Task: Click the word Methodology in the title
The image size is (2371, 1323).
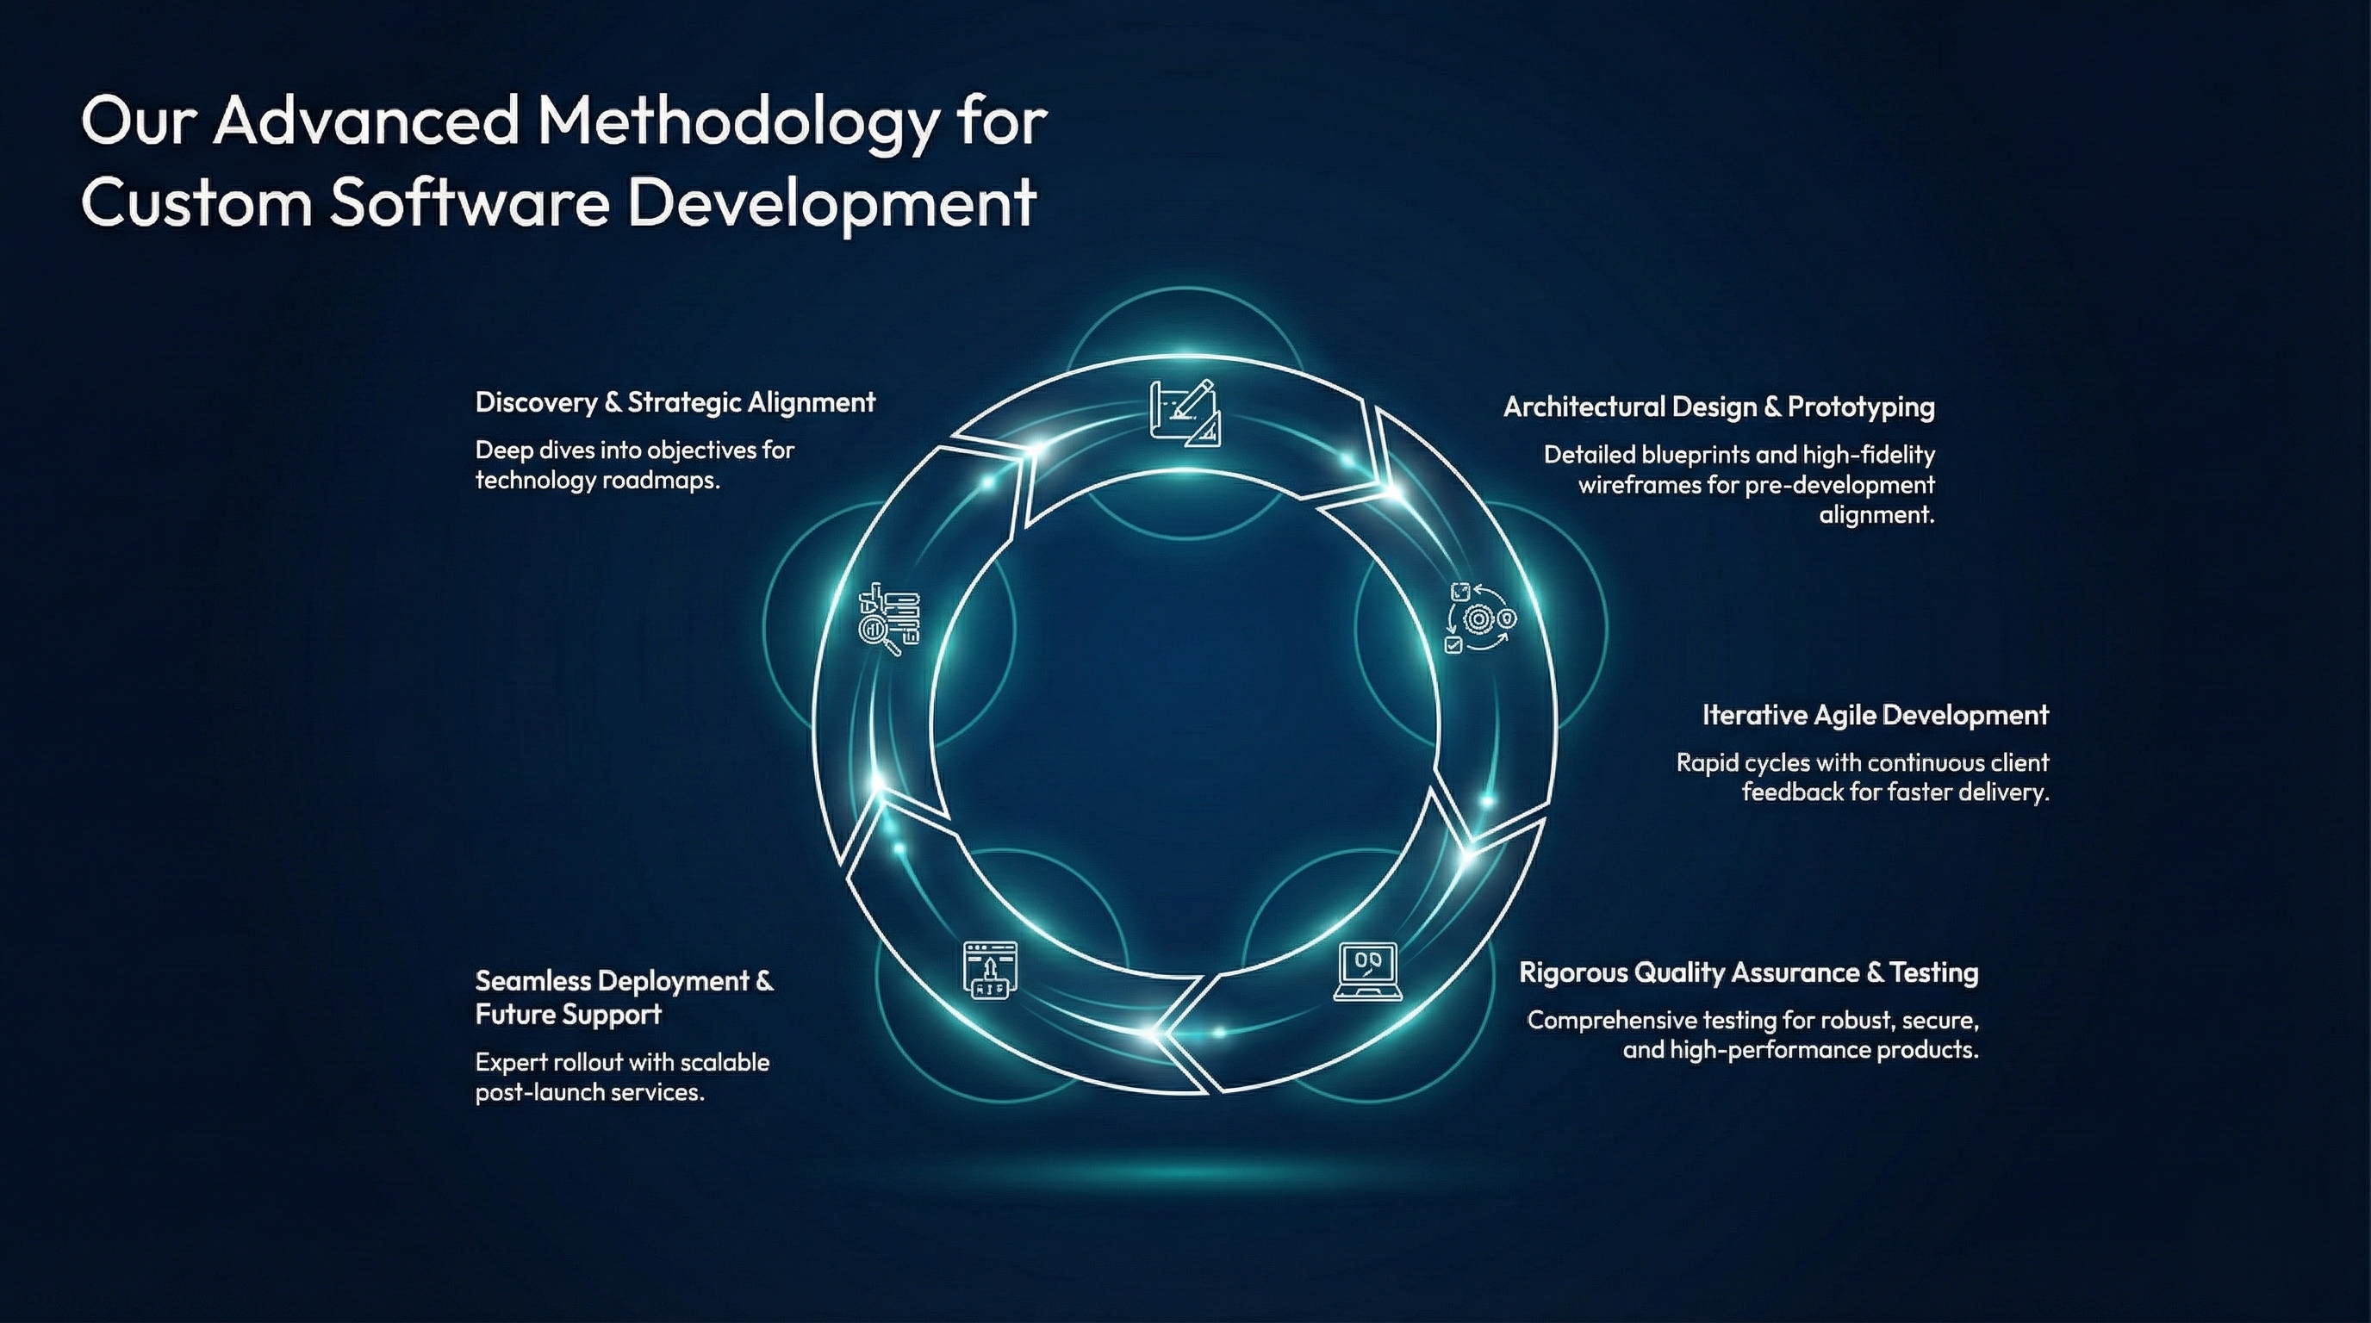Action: click(736, 122)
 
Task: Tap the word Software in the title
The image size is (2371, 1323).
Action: click(470, 202)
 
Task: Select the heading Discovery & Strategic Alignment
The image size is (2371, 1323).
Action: click(675, 402)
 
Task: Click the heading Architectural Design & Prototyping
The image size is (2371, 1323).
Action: click(1719, 407)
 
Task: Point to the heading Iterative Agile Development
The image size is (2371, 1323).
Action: click(1875, 715)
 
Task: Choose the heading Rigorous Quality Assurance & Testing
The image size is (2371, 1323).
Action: click(1748, 972)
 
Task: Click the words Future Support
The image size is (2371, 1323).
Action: click(568, 1014)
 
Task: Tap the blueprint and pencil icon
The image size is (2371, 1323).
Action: click(1185, 413)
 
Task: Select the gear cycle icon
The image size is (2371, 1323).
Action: click(1479, 618)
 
